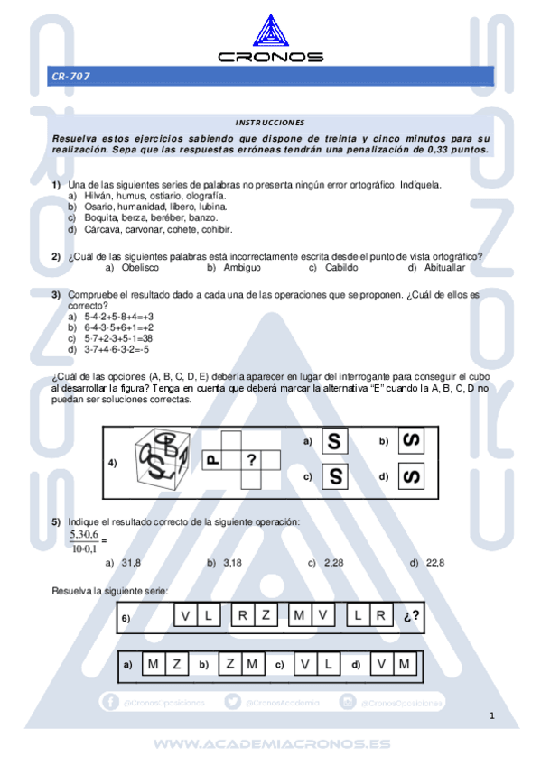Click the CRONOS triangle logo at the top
point(270,31)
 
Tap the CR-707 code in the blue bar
point(70,78)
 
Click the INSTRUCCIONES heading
point(270,122)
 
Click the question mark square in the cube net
point(252,460)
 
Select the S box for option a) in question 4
point(335,441)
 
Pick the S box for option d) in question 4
point(413,475)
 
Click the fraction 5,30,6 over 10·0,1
point(84,541)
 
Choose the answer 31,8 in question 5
point(131,563)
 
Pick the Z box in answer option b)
point(230,665)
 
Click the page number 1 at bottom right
point(492,716)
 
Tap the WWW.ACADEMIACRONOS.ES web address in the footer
point(271,744)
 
